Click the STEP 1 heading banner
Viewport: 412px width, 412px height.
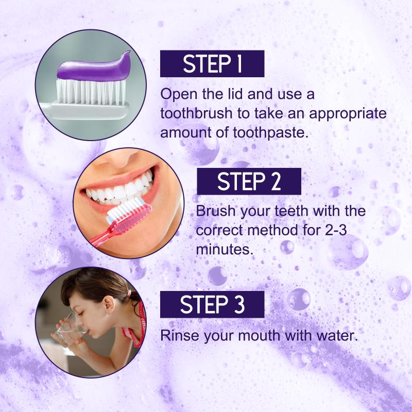pyautogui.click(x=212, y=63)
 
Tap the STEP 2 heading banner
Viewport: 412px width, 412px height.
pyautogui.click(x=249, y=181)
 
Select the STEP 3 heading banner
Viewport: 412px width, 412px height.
pyautogui.click(x=212, y=304)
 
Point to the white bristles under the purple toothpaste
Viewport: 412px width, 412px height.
pyautogui.click(x=91, y=92)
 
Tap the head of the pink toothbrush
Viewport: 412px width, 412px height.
pyautogui.click(x=129, y=214)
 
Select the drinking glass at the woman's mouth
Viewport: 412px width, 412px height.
pyautogui.click(x=69, y=330)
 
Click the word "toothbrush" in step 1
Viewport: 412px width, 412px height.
pyautogui.click(x=197, y=113)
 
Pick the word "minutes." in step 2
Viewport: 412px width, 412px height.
pyautogui.click(x=225, y=249)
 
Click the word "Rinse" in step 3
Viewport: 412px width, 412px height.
pyautogui.click(x=180, y=336)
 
